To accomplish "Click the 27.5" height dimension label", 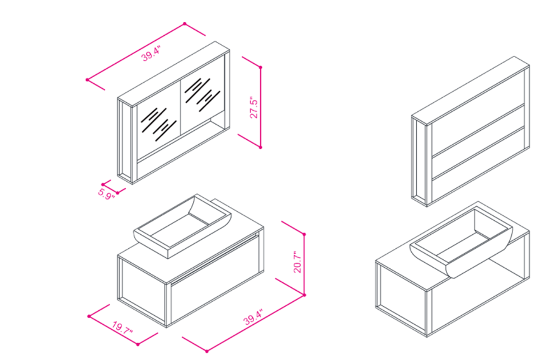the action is click(254, 107).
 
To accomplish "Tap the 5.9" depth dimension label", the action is click(106, 194).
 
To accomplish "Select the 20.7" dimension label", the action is click(298, 262).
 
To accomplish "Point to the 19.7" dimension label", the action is click(123, 328).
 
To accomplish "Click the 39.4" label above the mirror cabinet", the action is click(152, 54).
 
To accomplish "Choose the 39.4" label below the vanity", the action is click(253, 317).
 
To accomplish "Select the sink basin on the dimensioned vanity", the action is click(182, 226).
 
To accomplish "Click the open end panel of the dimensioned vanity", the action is click(142, 290).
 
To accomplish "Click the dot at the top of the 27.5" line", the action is click(261, 67).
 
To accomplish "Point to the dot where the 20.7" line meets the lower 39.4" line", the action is click(304, 295).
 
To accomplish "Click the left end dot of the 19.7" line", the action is click(89, 316).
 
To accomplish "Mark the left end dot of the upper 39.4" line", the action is click(87, 80).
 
